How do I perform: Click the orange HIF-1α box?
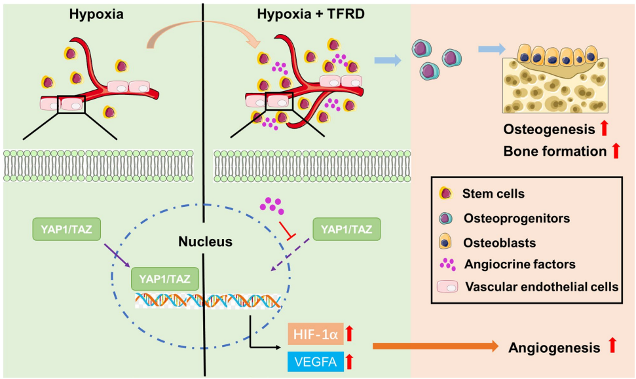314,334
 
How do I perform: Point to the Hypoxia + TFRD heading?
301,13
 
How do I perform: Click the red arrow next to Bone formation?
615,151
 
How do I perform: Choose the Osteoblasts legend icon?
446,242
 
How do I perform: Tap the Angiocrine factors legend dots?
446,264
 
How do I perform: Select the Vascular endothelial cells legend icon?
446,287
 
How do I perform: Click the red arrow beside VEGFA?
349,360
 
